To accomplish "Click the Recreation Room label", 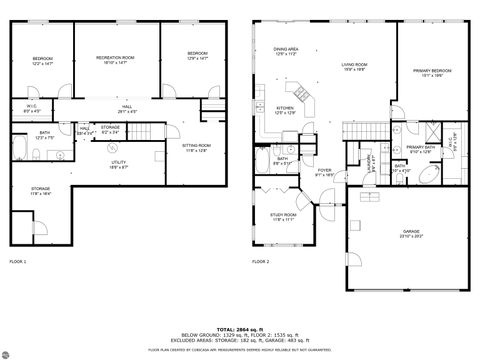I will point(115,60).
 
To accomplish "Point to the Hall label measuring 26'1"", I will point(127,108).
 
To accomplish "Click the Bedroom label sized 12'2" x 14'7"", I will point(42,60).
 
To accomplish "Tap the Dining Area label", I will point(287,51).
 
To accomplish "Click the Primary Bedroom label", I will point(433,72).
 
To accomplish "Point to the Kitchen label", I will point(285,110).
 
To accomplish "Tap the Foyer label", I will point(324,172).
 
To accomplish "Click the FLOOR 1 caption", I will point(18,261).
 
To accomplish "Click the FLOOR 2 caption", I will point(260,261).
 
